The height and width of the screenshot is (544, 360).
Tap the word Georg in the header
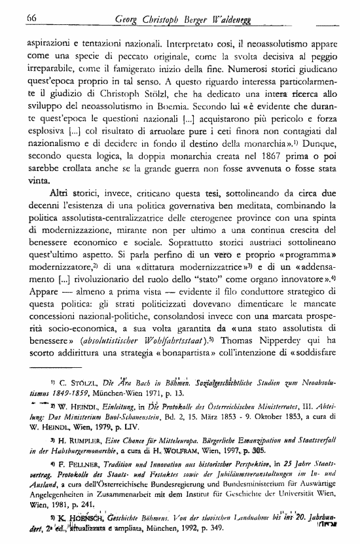click(x=128, y=19)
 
